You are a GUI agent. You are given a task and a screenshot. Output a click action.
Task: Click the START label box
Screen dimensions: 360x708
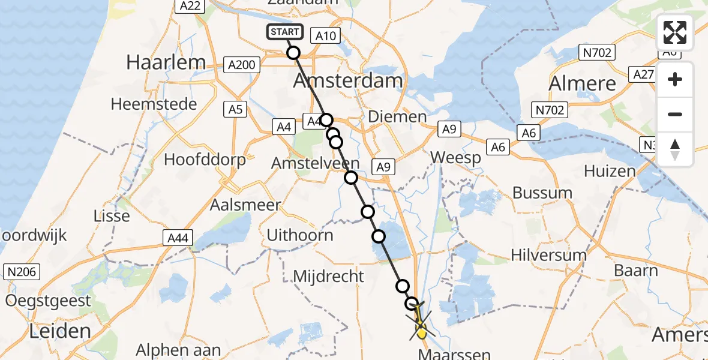[x=285, y=32]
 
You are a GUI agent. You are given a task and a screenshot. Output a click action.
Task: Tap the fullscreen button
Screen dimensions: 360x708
[x=675, y=32]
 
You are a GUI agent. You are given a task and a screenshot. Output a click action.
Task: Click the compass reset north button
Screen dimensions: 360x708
[x=675, y=149]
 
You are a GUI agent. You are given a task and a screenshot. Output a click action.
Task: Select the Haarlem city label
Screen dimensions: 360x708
[x=166, y=62]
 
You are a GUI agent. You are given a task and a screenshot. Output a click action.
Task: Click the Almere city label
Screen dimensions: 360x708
[x=582, y=83]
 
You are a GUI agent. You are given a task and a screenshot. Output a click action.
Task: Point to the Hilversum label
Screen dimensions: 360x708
[x=548, y=255]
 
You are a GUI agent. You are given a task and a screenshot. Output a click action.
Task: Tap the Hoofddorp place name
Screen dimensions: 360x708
[x=205, y=160]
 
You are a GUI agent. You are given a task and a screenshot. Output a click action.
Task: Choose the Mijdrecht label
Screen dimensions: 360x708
[x=328, y=276]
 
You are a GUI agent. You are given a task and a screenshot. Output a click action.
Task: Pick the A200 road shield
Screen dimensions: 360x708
[x=242, y=65]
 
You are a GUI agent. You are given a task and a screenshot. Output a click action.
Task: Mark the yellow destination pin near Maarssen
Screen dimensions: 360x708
[x=421, y=329]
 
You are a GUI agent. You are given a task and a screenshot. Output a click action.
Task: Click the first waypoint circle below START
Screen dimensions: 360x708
[x=293, y=53]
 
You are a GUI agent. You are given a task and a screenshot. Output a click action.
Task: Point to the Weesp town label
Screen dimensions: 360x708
[x=456, y=158]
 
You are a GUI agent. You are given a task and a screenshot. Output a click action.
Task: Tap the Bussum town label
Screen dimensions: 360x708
[x=542, y=193]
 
